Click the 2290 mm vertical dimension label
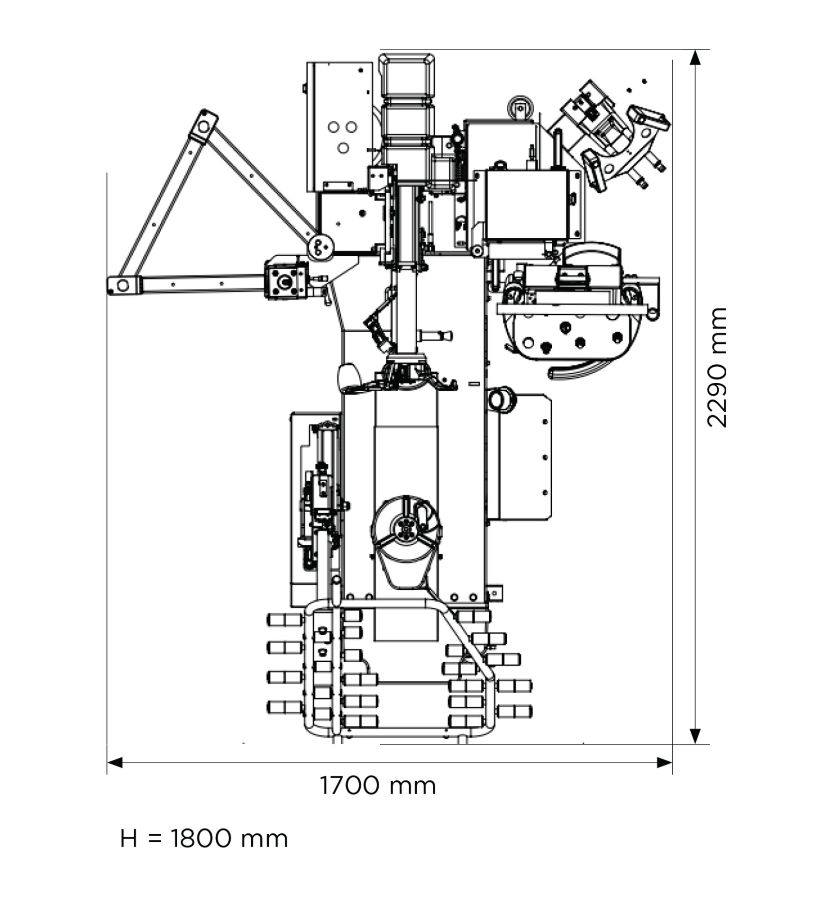716,367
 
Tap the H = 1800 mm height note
204,839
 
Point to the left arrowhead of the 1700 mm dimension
115,762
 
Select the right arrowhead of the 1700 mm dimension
664,762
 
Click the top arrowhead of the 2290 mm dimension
695,57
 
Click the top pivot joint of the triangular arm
204,126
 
